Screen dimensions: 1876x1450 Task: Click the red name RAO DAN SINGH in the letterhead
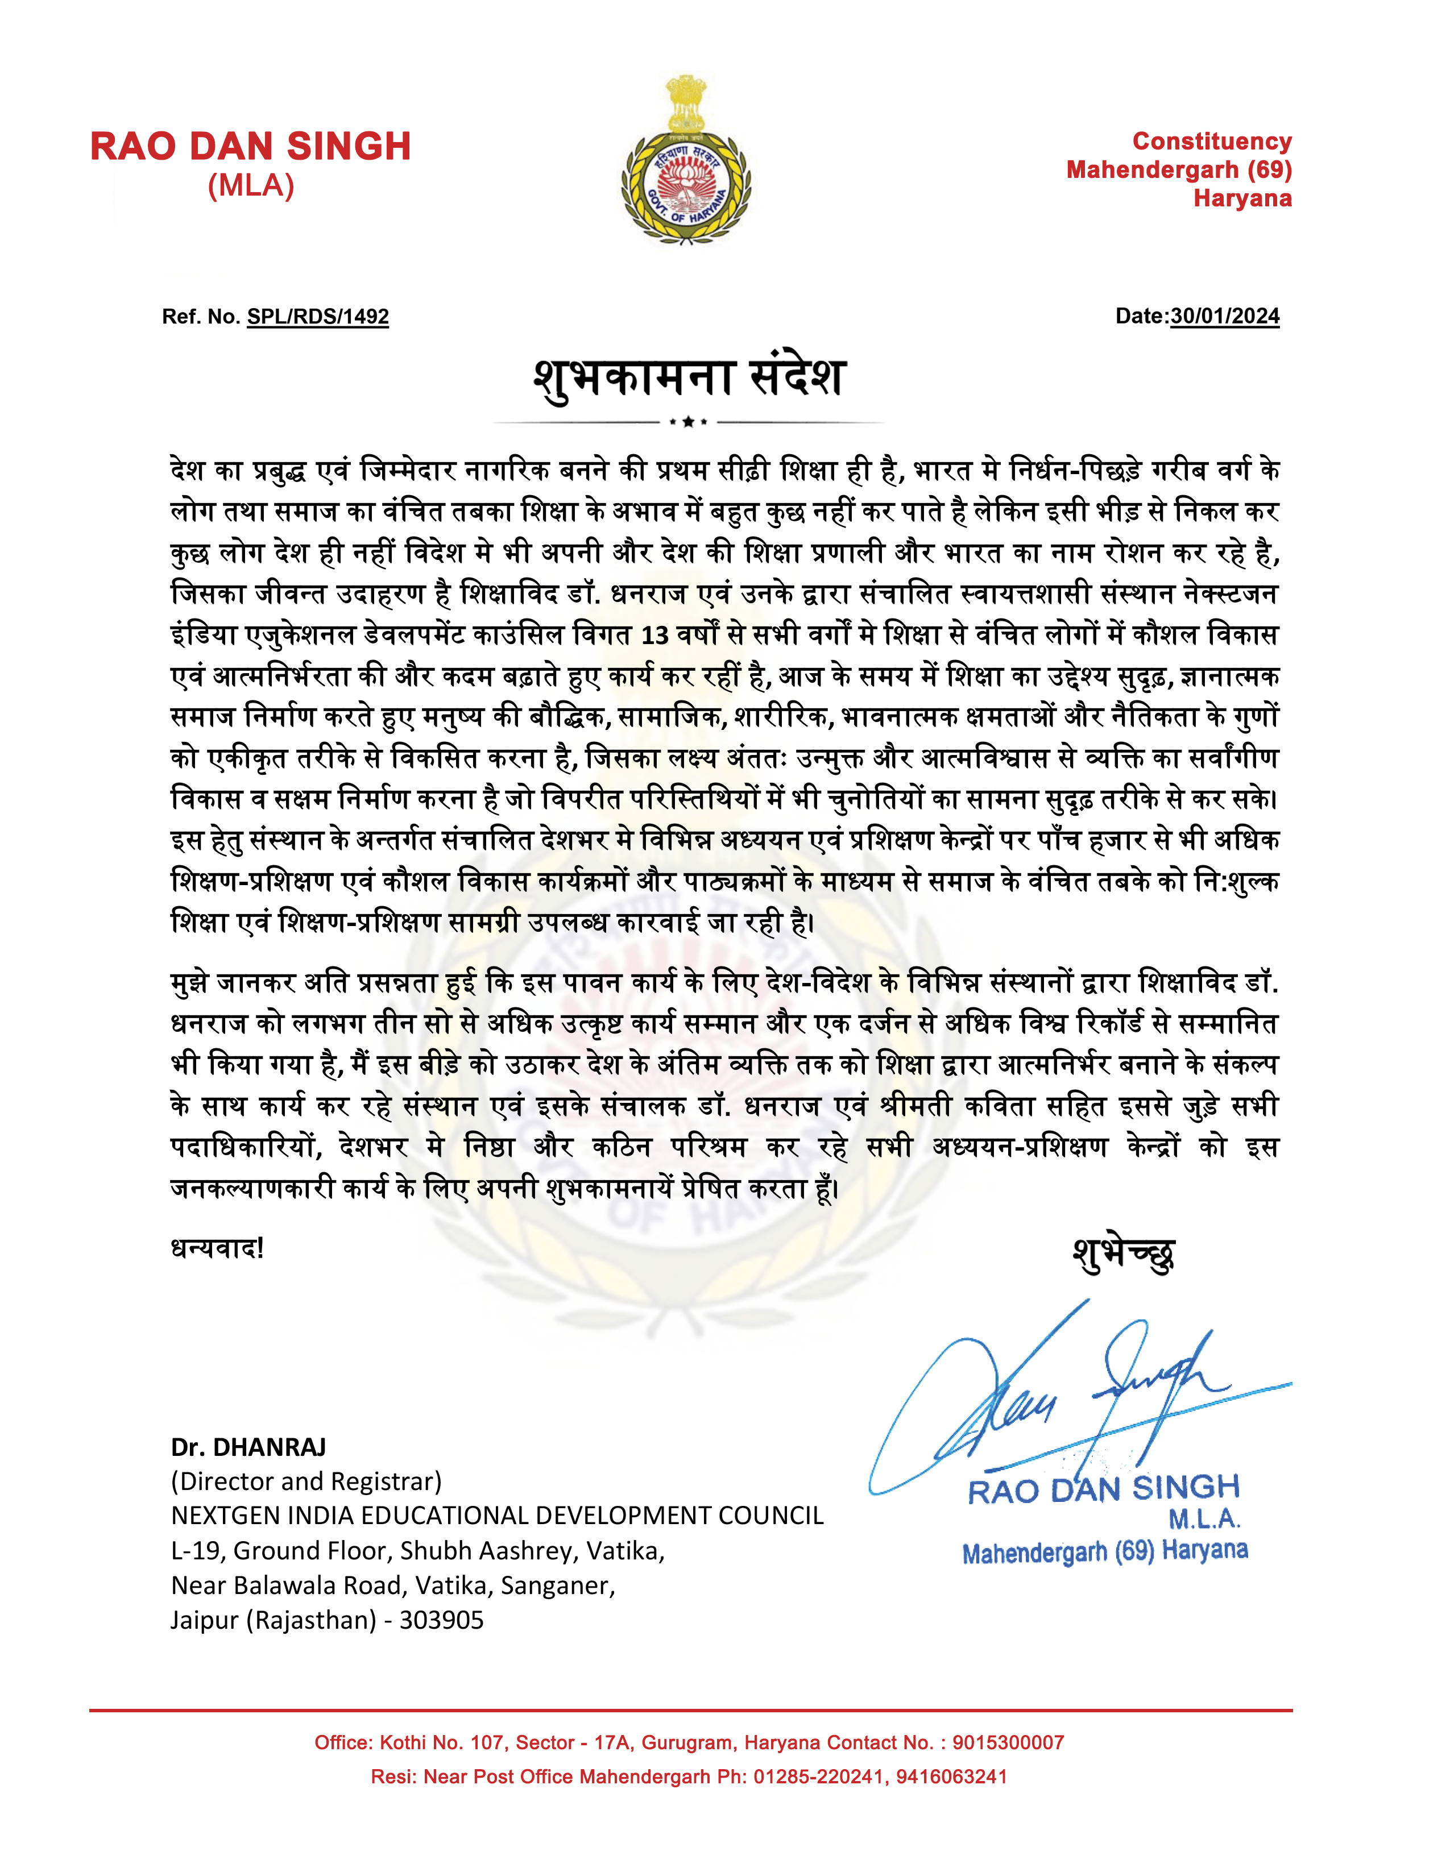point(250,147)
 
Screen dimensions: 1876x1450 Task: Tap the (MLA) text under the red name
point(251,185)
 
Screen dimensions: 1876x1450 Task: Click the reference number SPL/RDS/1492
point(318,317)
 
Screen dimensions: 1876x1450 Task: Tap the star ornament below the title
point(688,422)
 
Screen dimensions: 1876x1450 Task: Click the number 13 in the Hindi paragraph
point(654,636)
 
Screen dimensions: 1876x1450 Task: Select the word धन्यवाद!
point(217,1248)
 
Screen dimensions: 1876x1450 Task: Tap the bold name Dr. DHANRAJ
point(248,1447)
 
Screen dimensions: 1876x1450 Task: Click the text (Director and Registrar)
point(306,1481)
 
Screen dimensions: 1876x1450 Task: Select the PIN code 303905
point(441,1620)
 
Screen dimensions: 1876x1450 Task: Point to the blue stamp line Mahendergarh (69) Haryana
point(1105,1551)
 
